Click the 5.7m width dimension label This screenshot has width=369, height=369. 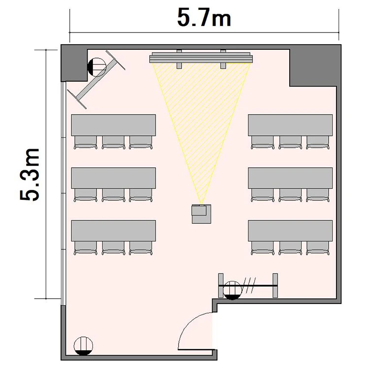[204, 18]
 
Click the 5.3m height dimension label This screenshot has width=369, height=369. [30, 175]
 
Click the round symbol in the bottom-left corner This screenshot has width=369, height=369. [83, 346]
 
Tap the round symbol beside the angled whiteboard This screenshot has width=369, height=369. [97, 67]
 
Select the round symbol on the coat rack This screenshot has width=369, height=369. [232, 290]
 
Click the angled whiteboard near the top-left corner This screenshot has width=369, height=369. [96, 80]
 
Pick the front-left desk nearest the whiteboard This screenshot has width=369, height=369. [114, 125]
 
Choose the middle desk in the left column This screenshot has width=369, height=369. [114, 178]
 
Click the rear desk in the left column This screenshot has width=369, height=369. [114, 231]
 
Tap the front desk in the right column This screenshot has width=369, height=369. [290, 125]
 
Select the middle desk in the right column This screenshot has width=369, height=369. [290, 178]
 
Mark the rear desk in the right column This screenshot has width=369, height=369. [290, 231]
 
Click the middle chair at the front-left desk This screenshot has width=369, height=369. [114, 142]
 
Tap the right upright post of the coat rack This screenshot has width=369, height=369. [275, 285]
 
